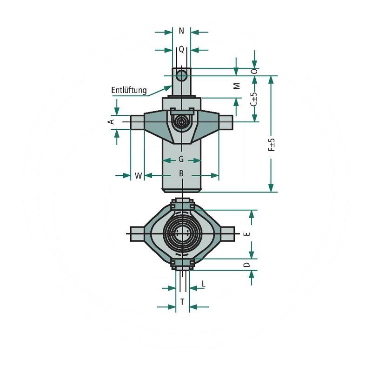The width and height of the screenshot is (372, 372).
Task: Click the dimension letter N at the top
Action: [181, 31]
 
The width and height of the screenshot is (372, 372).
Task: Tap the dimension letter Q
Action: [181, 49]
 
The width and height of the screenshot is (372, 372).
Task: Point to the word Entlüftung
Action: [129, 90]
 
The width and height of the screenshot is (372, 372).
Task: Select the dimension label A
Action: [111, 122]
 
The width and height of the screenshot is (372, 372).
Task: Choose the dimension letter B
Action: [182, 173]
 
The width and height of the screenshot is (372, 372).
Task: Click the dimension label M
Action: [237, 86]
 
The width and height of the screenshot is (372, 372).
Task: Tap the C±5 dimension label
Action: [254, 99]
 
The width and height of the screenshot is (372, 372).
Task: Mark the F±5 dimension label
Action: [272, 145]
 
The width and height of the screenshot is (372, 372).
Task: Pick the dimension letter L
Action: [204, 284]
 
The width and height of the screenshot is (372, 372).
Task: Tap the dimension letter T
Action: [182, 302]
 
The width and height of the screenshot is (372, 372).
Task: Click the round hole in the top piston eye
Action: [181, 74]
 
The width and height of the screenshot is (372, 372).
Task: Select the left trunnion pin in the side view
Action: [137, 122]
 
